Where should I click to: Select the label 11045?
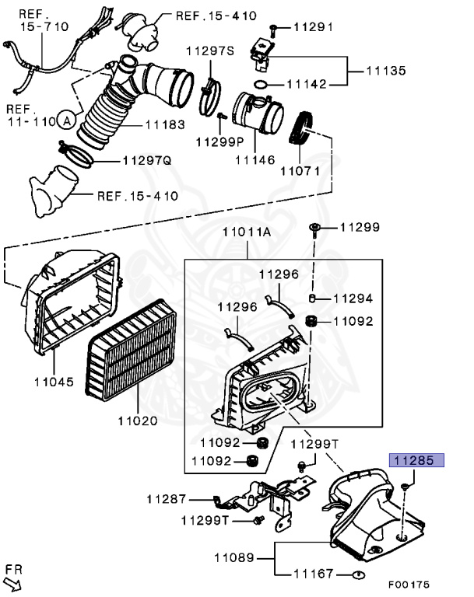[x=54, y=382]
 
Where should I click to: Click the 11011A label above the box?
[x=247, y=231]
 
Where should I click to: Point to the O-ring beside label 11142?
[x=262, y=84]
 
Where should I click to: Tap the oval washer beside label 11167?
[x=357, y=575]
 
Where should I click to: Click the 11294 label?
[x=353, y=298]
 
